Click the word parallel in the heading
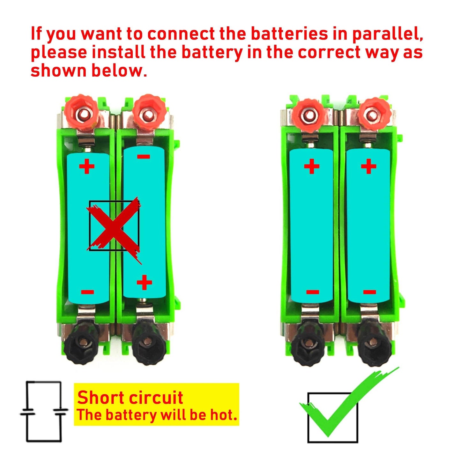[x=387, y=34]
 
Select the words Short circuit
[x=130, y=398]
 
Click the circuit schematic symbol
[x=44, y=412]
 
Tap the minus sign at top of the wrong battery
[x=144, y=156]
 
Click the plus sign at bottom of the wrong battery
[x=144, y=282]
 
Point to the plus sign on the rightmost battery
[x=368, y=166]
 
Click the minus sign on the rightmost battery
[x=369, y=292]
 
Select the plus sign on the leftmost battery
[x=87, y=166]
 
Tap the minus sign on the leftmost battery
[x=87, y=292]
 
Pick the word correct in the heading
[x=329, y=53]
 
